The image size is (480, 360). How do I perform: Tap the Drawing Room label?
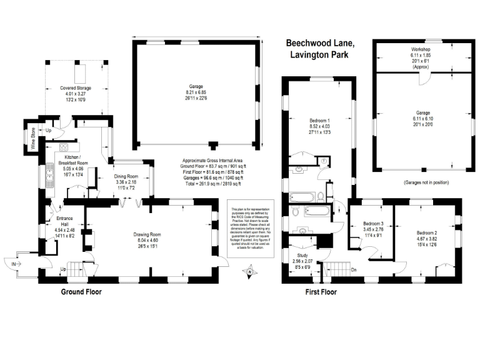click(148, 234)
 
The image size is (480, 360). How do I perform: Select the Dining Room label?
click(131, 176)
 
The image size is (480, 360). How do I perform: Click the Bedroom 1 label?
click(319, 120)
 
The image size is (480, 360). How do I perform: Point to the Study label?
click(301, 256)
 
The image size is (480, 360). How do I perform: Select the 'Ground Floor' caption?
click(81, 292)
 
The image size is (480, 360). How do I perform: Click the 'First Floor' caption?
click(321, 292)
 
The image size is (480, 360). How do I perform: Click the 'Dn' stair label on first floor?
click(354, 270)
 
